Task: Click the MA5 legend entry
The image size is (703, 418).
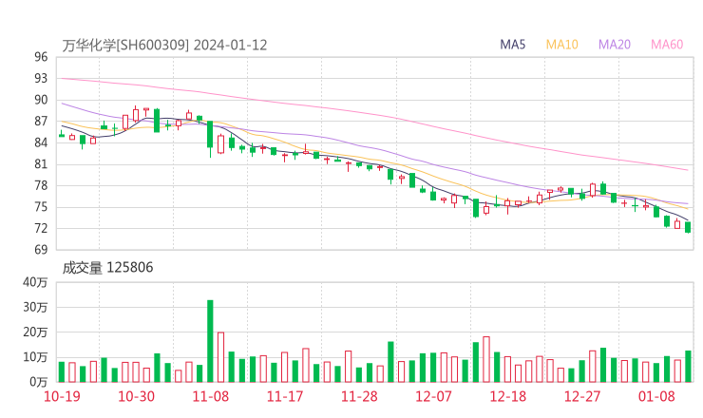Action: click(513, 45)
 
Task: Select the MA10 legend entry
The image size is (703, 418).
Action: click(562, 45)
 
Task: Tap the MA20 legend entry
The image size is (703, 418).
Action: click(615, 45)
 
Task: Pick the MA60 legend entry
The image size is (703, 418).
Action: click(667, 45)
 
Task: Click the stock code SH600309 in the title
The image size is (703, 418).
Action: click(153, 45)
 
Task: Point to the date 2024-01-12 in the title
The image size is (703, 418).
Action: click(231, 45)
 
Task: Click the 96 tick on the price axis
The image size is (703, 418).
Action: click(41, 57)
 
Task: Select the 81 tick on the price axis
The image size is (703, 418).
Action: click(41, 164)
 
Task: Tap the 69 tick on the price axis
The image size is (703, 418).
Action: click(41, 250)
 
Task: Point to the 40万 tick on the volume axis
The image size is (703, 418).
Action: click(36, 282)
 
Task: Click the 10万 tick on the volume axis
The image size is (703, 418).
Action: click(36, 357)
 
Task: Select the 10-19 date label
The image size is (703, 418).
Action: click(62, 396)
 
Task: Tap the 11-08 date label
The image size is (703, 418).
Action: click(210, 396)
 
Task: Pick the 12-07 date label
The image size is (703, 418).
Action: click(432, 396)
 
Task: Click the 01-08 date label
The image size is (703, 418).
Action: click(656, 396)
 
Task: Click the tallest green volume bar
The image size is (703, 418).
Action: click(210, 340)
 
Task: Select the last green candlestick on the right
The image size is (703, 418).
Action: click(688, 227)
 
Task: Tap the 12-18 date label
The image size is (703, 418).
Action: click(507, 396)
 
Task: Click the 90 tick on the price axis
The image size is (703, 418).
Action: click(41, 100)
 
